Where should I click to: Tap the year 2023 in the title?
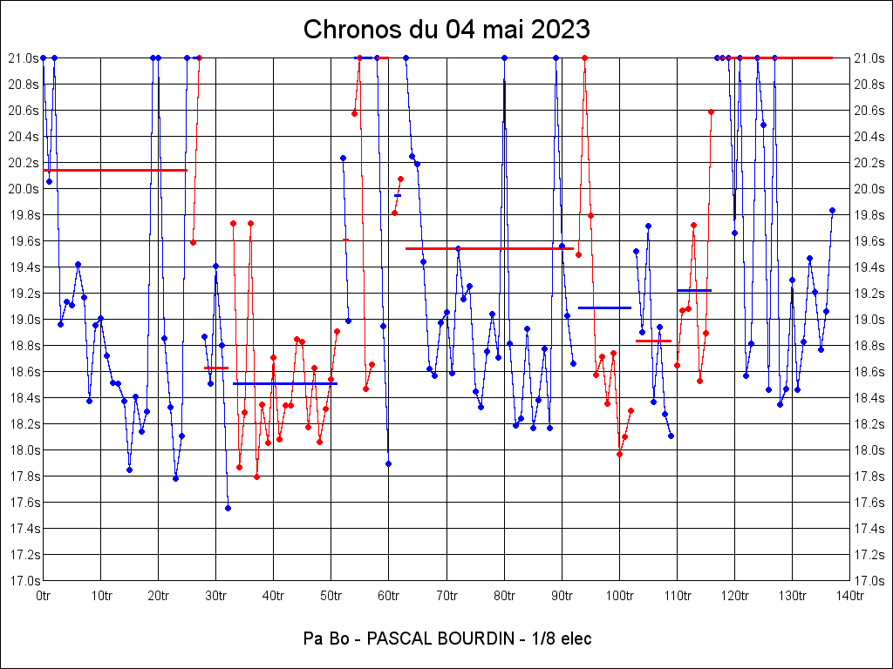557,30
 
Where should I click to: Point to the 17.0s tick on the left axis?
24,580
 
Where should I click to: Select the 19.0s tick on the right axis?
869,319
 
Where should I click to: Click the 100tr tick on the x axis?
619,595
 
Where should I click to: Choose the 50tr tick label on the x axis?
331,595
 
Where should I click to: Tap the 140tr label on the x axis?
850,595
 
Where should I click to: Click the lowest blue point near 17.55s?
228,508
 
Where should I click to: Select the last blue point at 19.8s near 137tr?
832,210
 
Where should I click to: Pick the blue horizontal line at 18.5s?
284,383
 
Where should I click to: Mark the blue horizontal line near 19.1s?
604,307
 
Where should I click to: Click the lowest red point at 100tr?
619,454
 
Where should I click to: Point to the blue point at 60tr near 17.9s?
388,463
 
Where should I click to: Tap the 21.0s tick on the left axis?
24,57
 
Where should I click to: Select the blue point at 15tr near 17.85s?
129,470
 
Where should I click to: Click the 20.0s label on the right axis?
869,188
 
